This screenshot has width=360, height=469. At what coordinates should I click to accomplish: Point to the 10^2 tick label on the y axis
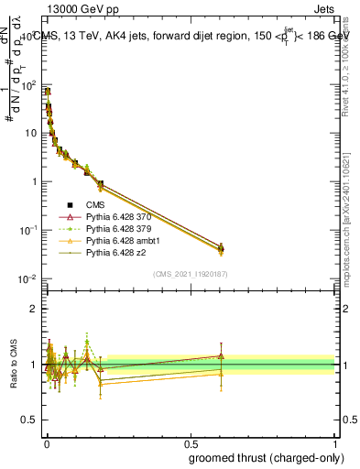pos(28,85)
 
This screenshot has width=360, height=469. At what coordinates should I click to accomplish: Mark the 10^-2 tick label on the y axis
pos(28,278)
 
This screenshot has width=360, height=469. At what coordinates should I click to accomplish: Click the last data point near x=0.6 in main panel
pos(221,247)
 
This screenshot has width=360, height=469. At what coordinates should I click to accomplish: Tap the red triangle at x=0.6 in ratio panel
pos(221,356)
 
